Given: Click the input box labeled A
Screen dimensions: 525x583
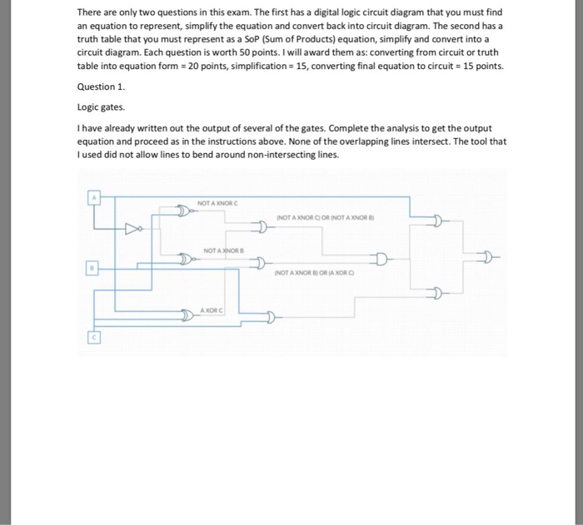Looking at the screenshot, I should pos(95,197).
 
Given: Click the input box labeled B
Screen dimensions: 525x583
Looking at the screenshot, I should pos(95,268).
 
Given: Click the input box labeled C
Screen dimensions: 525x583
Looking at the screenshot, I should pos(94,337).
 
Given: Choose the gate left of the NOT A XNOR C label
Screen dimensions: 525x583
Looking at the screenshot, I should pos(184,212).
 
